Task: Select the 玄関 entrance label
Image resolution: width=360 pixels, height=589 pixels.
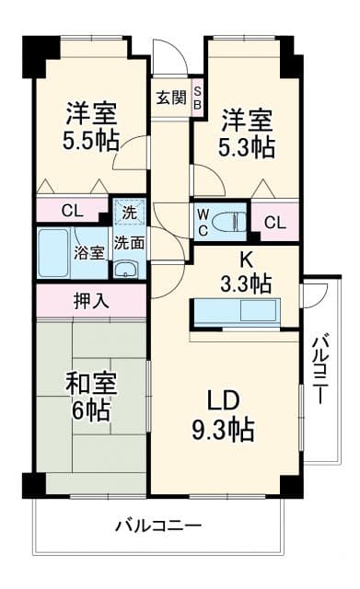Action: (x=169, y=97)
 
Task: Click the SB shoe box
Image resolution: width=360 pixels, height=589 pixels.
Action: (x=197, y=98)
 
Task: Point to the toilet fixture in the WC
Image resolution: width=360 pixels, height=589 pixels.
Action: (x=233, y=221)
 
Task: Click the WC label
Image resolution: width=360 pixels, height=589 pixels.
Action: (x=203, y=222)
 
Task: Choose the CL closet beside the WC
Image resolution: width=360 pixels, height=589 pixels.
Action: (x=274, y=222)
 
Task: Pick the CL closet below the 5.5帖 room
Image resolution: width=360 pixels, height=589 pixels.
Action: (x=72, y=210)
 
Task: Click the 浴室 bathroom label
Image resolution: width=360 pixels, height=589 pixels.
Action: (x=89, y=253)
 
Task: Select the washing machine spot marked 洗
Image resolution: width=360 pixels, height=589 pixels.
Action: (x=129, y=211)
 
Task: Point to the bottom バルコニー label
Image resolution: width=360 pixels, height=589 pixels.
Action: (x=158, y=525)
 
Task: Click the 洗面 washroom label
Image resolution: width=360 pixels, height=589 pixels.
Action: (x=129, y=244)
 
